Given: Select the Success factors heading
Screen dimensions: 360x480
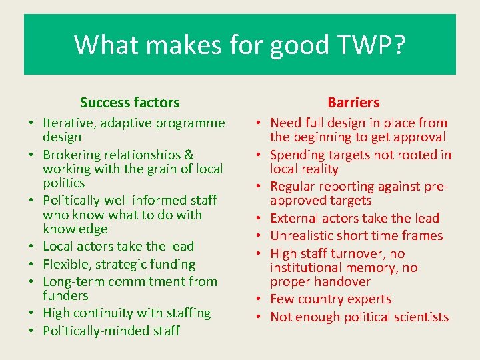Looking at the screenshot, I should tap(129, 103).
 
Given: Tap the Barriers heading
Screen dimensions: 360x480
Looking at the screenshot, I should tap(353, 103).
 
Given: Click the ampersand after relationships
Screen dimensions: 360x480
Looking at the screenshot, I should tap(189, 155).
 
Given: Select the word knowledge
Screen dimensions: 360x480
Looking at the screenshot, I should tap(75, 229).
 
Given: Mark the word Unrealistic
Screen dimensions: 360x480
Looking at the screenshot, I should tap(306, 235).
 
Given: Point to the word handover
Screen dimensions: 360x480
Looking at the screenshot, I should tap(343, 281).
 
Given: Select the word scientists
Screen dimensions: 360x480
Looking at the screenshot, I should tap(418, 317).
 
